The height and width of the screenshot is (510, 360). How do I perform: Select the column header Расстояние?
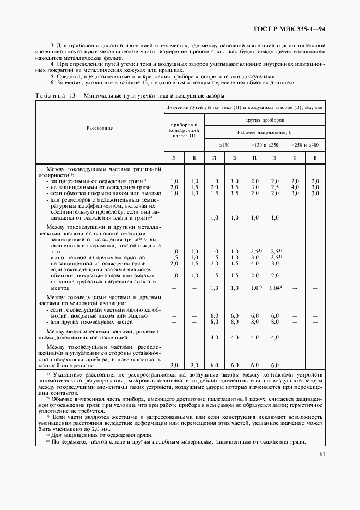pos(100,128)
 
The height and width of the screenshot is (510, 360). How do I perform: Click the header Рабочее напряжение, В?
pos(265,132)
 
